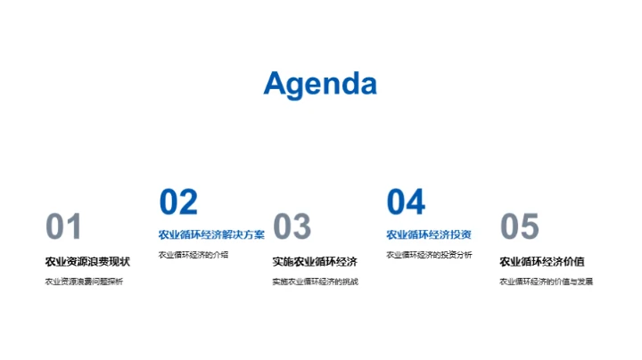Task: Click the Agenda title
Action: coord(320,84)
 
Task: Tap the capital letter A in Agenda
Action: coord(276,84)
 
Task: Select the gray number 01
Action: coord(63,227)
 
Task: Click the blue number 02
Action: coord(178,202)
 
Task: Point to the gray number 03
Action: coord(292,227)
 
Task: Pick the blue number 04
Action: coord(406,202)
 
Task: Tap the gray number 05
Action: coord(520,227)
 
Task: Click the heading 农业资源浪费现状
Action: coord(87,261)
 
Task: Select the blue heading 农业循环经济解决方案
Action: coord(211,235)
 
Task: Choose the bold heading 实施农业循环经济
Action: coord(315,261)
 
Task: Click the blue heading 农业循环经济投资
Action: coord(429,235)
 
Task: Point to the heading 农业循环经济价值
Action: coord(542,261)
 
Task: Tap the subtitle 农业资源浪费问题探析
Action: coord(85,282)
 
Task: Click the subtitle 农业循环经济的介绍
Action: coord(193,255)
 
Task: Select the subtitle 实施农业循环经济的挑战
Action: coord(315,282)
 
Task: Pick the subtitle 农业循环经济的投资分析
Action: coord(429,255)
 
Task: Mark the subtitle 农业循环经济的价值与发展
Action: coord(546,282)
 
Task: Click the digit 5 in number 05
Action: coord(530,227)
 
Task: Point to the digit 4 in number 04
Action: coord(416,202)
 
